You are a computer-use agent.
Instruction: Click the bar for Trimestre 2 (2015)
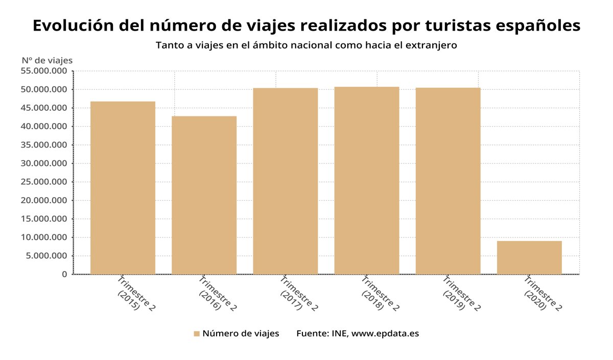point(123,187)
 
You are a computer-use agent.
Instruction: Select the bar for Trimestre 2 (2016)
point(204,195)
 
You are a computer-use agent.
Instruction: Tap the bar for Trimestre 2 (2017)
point(285,181)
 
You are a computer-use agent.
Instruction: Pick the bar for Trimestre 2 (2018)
point(366,180)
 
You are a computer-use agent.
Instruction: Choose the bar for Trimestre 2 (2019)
point(448,181)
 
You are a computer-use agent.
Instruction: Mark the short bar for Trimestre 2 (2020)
point(529,257)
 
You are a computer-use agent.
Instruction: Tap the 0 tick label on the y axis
point(64,275)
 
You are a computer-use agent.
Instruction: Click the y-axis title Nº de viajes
point(47,60)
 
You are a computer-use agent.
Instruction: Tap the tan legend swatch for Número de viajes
point(197,334)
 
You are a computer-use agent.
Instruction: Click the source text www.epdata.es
point(385,333)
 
